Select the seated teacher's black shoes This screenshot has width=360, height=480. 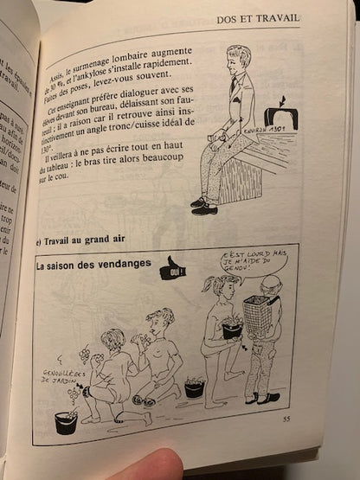pos(204,205)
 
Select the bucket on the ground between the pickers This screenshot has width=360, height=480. pos(195,388)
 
